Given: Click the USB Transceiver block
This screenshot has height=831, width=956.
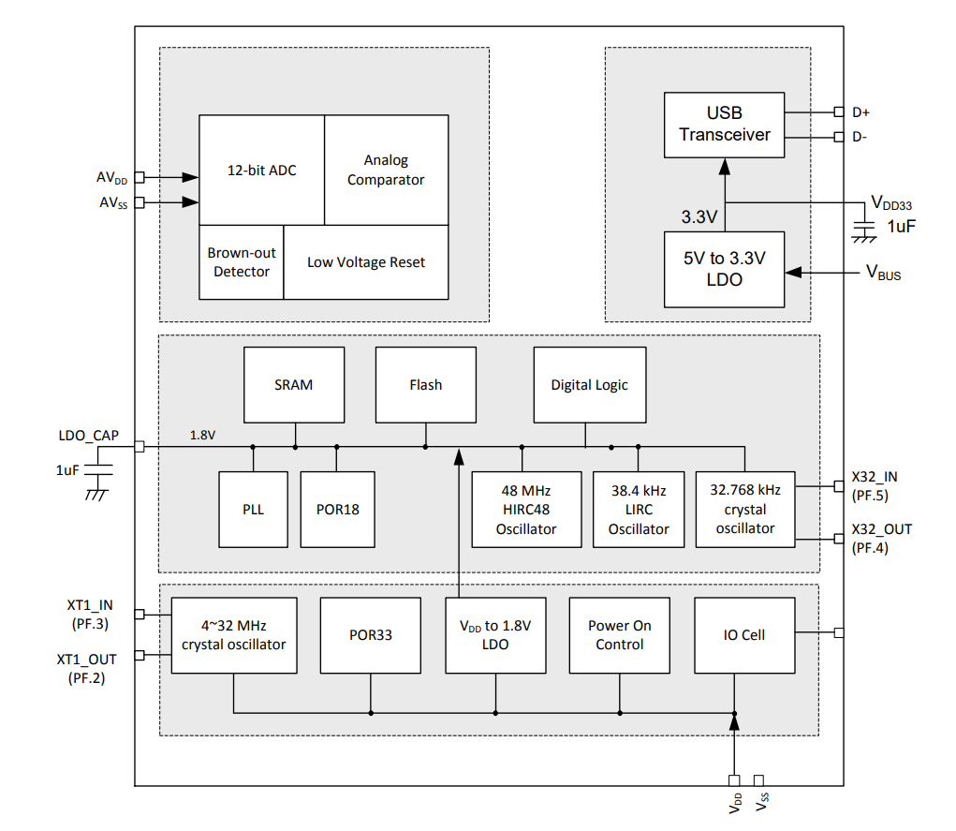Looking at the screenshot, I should point(724,124).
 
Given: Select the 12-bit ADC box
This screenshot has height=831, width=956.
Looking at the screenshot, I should point(261,171).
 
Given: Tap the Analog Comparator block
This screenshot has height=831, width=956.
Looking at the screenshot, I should point(386,170).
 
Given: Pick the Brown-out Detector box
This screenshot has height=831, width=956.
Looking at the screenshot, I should point(242,262).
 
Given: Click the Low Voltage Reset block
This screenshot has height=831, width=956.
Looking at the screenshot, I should point(365,262).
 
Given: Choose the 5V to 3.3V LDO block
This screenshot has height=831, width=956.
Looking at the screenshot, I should point(724,269).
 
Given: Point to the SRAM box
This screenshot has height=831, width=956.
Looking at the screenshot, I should point(293,384).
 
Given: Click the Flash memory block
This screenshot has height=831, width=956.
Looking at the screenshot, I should point(425,384).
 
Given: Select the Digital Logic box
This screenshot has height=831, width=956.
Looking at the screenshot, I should point(589,384).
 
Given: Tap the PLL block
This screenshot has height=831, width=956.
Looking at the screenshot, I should point(253,510).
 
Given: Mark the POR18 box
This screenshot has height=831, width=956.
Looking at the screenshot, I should point(337,510).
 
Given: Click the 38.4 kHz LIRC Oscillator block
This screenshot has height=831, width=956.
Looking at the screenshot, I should point(639,510).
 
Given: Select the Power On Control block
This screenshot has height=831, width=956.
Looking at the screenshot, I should point(619,635).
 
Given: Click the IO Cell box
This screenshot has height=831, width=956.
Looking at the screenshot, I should point(744,635).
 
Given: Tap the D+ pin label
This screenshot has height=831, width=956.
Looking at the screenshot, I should point(860,112).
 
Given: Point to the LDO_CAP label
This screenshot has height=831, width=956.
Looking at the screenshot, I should point(88,435).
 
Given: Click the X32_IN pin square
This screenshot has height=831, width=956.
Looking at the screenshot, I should point(839,486).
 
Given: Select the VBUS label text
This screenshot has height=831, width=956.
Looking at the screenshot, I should point(882,273).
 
